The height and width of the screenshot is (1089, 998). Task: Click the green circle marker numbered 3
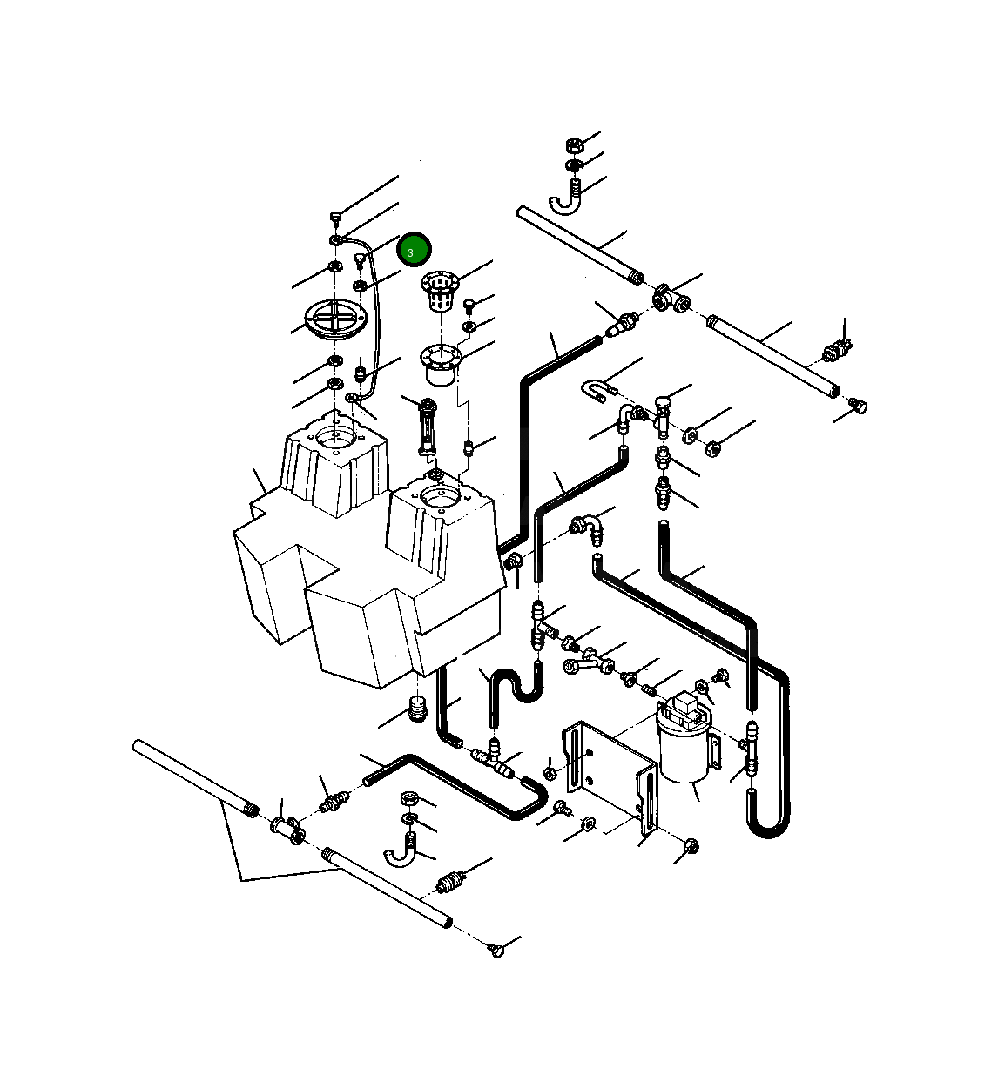pyautogui.click(x=414, y=251)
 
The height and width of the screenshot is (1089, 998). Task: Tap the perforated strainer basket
pyautogui.click(x=439, y=292)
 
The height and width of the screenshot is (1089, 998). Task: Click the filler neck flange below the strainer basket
pyautogui.click(x=441, y=364)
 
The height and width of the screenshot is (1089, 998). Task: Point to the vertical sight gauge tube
pyautogui.click(x=427, y=426)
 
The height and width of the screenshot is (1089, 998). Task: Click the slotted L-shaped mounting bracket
pyautogui.click(x=610, y=770)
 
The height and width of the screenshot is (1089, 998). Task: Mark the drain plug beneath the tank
pyautogui.click(x=418, y=709)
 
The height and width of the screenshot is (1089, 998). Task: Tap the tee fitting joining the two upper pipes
pyautogui.click(x=671, y=299)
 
